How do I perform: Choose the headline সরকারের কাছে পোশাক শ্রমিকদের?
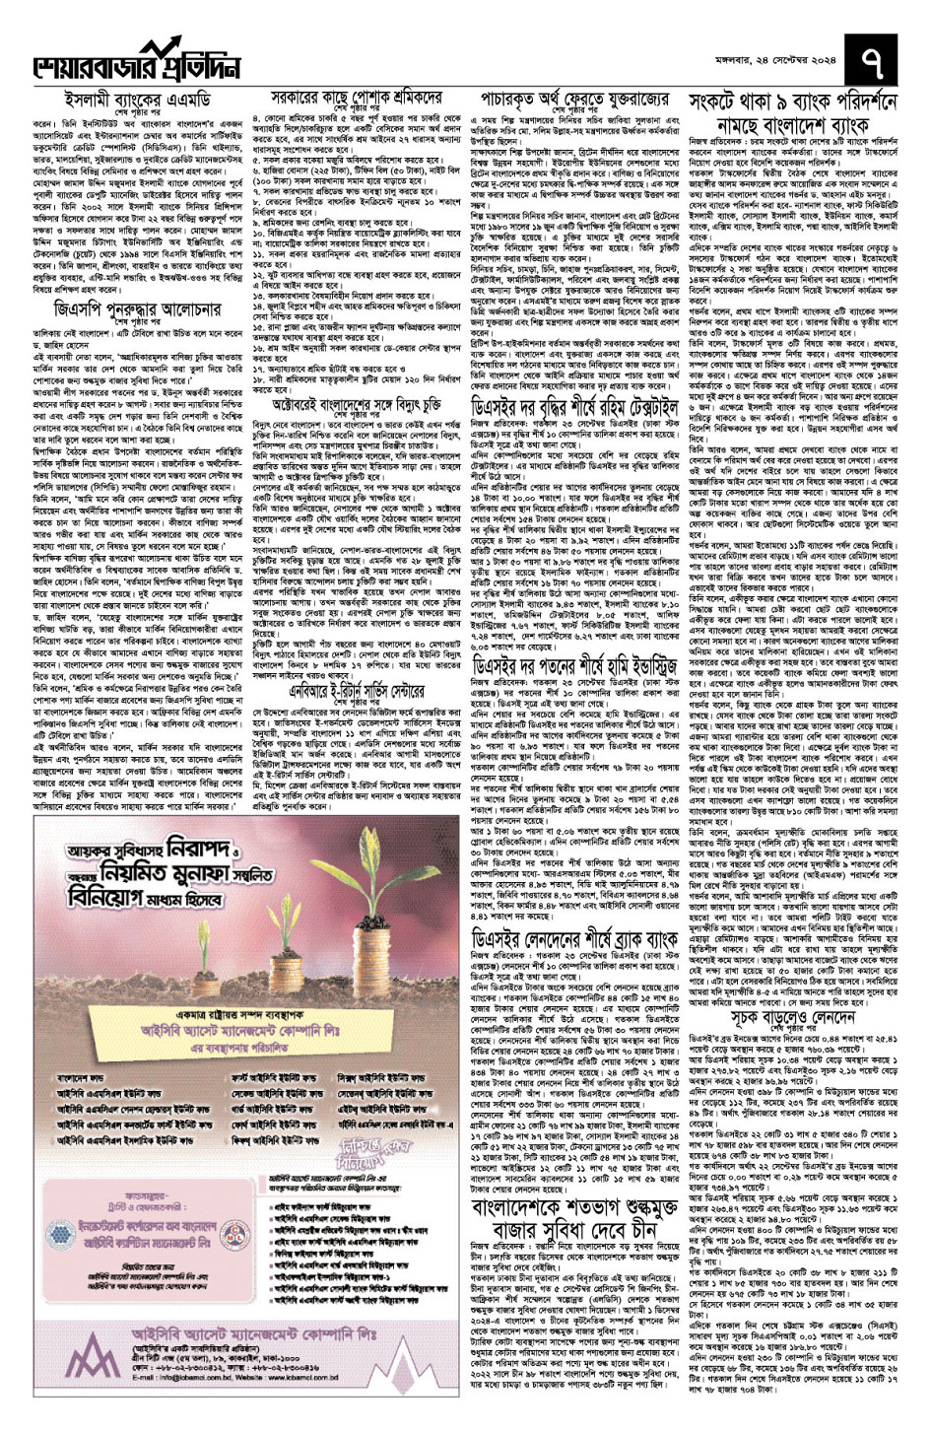[356, 99]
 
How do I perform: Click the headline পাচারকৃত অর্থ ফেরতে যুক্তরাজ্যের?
[575, 100]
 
